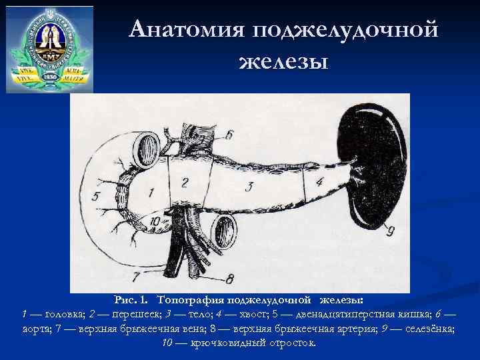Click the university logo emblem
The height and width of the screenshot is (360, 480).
pyautogui.click(x=49, y=47)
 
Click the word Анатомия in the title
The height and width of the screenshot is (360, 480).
pyautogui.click(x=189, y=30)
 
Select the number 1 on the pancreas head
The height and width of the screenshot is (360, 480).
pyautogui.click(x=151, y=193)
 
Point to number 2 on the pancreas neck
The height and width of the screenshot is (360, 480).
pyautogui.click(x=185, y=181)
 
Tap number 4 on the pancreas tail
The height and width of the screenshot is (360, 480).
pyautogui.click(x=319, y=181)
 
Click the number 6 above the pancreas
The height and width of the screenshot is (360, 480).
pyautogui.click(x=229, y=135)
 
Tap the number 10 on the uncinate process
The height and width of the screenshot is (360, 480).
pyautogui.click(x=155, y=221)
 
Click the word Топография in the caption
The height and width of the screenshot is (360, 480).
pyautogui.click(x=195, y=301)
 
